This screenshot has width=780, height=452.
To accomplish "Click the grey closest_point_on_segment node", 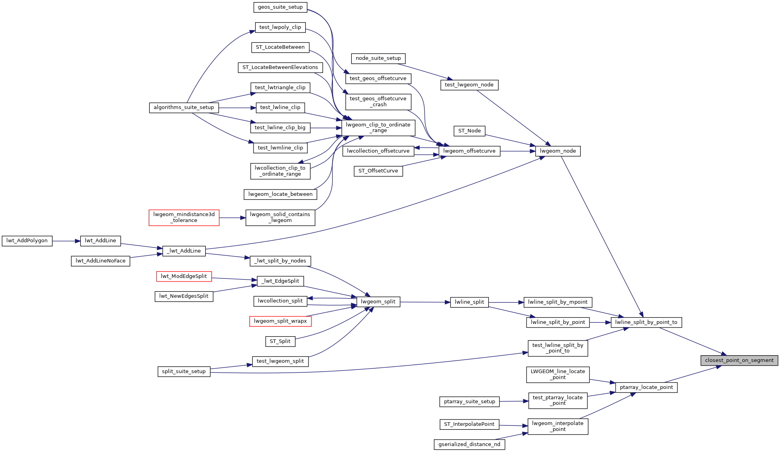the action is (739, 360).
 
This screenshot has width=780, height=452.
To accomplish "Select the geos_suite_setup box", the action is (280, 7).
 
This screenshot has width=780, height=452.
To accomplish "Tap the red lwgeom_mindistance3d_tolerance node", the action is (184, 218).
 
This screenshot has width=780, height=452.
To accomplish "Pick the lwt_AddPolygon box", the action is (27, 241).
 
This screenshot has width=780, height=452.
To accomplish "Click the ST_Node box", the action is (469, 131).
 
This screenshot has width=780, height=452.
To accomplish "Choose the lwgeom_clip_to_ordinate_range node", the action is (378, 128).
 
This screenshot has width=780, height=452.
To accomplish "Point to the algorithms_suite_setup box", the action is (184, 107).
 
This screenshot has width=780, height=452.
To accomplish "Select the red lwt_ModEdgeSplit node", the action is (184, 276).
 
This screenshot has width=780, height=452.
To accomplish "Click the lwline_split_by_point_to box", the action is (646, 322).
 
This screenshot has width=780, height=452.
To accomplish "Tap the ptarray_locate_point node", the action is (646, 387).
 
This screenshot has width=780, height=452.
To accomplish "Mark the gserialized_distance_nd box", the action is (469, 444).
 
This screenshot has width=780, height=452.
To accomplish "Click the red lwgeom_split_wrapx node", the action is (280, 321).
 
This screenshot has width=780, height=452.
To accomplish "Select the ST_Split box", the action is (280, 341).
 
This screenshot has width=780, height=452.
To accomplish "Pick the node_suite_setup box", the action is (378, 58).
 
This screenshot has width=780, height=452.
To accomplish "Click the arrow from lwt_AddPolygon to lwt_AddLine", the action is (66, 241).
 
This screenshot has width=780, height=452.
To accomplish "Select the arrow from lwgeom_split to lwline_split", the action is (425, 302).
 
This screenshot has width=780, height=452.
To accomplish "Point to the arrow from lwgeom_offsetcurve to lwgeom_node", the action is (518, 151).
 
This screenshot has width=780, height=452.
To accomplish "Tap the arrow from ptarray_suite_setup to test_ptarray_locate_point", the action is (514, 401).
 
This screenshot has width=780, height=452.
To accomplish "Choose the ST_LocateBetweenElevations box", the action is (280, 67).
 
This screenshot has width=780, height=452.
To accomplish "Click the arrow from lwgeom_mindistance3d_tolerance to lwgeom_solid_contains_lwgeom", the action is (232, 218).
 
